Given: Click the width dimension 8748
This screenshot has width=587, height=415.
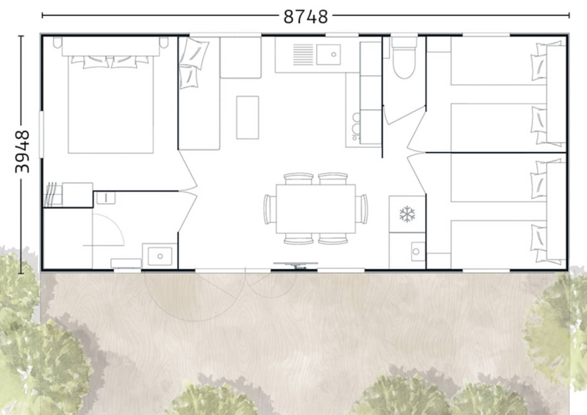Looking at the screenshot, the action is [306, 17].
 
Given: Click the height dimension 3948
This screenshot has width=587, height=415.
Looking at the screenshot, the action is [22, 151].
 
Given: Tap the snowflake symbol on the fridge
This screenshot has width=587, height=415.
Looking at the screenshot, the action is [407, 214].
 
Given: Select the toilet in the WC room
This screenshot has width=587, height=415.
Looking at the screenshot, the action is [404, 58].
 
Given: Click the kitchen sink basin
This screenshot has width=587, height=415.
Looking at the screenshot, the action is [329, 54].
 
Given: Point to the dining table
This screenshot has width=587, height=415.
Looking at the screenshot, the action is [316, 209].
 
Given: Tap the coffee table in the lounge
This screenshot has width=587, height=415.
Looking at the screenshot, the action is [247, 117].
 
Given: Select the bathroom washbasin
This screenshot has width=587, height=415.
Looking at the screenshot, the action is [160, 256].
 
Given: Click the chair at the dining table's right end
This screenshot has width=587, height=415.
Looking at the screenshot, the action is [362, 209].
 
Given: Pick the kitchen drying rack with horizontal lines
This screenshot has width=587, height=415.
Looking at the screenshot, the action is [303, 54].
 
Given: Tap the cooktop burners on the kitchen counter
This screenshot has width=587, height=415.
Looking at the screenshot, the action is [356, 126].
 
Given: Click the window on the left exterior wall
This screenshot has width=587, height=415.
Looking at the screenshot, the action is [41, 135].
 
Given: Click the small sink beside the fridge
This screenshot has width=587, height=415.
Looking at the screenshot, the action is [418, 251].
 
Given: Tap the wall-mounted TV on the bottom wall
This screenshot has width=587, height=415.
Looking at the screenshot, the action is [296, 265].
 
